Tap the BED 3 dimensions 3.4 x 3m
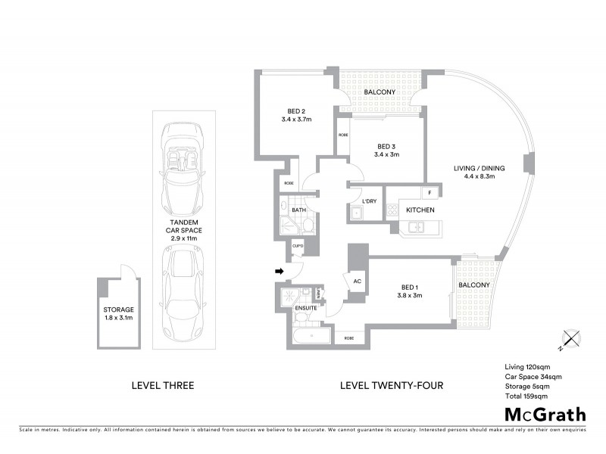tap(386, 154)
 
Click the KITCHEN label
tap(420, 210)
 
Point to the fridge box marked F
tap(430, 193)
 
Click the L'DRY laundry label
tap(370, 201)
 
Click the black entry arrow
tap(279, 270)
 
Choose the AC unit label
tap(357, 280)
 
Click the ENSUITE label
tap(306, 308)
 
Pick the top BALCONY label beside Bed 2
tap(380, 92)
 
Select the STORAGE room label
tap(119, 309)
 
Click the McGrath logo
tap(545, 414)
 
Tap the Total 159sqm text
tap(526, 396)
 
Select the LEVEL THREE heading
tap(163, 385)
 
